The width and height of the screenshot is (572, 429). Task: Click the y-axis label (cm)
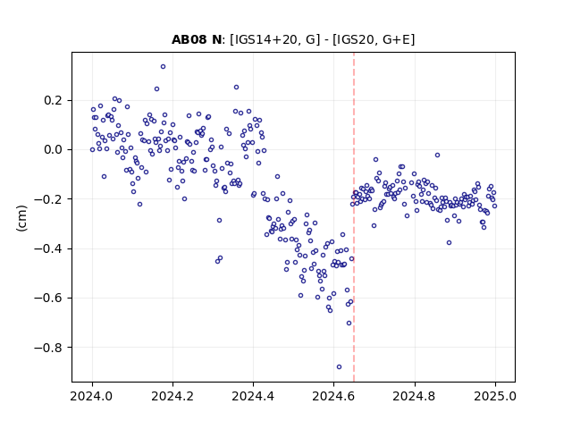[x=21, y=218]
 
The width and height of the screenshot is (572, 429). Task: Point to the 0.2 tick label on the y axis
[x=55, y=100]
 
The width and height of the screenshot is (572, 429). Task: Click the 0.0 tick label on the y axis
[x=55, y=149]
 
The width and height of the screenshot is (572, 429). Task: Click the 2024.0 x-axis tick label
[x=92, y=396]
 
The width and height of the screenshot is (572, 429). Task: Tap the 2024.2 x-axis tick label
[x=172, y=396]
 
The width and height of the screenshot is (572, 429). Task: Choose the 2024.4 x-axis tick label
[x=253, y=396]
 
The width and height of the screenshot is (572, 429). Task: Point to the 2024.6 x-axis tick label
[x=333, y=396]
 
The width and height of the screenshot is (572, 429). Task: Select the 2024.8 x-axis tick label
[x=415, y=396]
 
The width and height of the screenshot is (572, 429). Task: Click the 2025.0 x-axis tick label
[x=495, y=396]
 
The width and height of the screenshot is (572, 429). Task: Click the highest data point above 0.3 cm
[x=163, y=67]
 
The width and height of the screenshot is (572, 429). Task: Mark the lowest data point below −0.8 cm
[x=339, y=367]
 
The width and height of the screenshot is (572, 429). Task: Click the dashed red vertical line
[x=354, y=217]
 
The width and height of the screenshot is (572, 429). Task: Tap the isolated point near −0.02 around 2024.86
[x=437, y=155]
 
